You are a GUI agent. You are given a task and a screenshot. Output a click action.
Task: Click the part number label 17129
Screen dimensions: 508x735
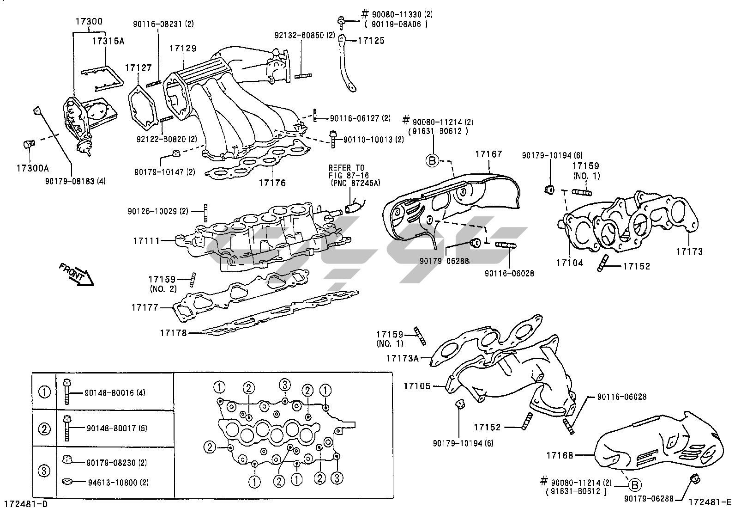point(182,48)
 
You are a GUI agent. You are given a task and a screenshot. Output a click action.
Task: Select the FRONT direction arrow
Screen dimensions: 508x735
point(76,275)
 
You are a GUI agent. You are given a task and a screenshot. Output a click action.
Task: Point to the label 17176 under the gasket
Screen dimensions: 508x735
point(272,183)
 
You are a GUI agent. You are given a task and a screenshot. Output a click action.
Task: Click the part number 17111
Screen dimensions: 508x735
point(146,241)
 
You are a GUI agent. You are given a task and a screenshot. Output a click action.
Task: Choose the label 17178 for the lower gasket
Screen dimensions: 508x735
point(173,332)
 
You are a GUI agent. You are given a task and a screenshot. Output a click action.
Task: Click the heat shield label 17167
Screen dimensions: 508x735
point(488,154)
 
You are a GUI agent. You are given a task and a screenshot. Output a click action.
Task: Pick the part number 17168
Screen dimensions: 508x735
point(560,455)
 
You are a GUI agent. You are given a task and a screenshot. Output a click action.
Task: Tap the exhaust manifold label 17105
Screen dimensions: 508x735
point(417,386)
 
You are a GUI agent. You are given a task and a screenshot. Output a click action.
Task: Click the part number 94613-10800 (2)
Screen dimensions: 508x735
point(118,483)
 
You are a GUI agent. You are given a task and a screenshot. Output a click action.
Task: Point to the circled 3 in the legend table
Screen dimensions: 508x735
point(44,471)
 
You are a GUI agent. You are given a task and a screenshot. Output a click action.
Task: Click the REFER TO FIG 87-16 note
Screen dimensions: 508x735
point(346,175)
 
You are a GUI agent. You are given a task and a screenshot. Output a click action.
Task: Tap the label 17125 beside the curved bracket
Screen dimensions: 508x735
point(371,41)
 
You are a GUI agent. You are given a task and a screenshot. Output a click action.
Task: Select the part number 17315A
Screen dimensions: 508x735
point(108,41)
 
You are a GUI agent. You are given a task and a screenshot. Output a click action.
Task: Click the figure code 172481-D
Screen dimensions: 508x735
point(26,503)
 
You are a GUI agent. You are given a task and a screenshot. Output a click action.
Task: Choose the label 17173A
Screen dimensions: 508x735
point(402,358)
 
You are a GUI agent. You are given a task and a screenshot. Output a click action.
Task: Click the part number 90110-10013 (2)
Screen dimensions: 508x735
point(373,140)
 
